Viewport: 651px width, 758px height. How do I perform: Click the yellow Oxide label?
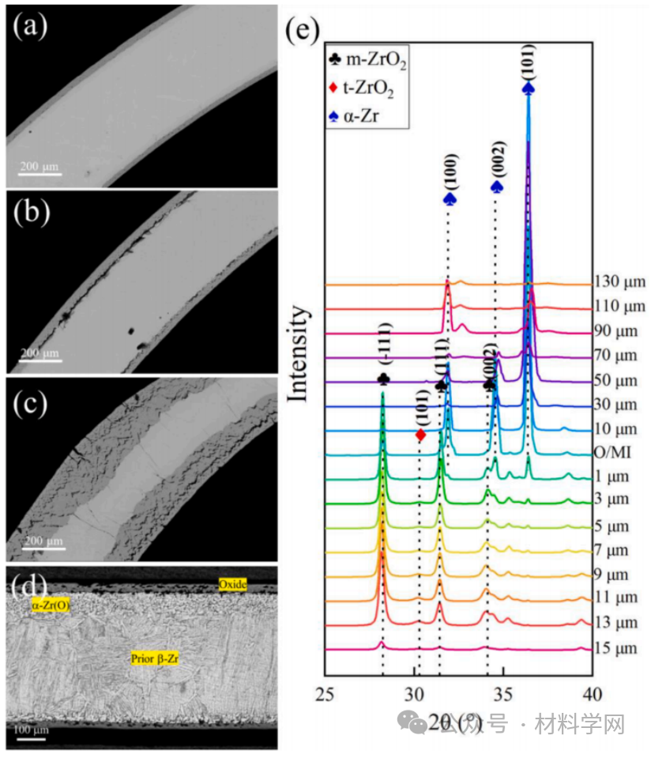pos(233,585)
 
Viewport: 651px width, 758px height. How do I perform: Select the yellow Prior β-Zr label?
pos(155,657)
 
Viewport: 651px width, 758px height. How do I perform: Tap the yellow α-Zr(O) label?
pos(50,605)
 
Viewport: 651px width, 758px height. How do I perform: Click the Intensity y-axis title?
pos(299,354)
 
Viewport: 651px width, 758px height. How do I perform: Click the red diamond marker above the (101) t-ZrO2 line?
pos(420,435)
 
